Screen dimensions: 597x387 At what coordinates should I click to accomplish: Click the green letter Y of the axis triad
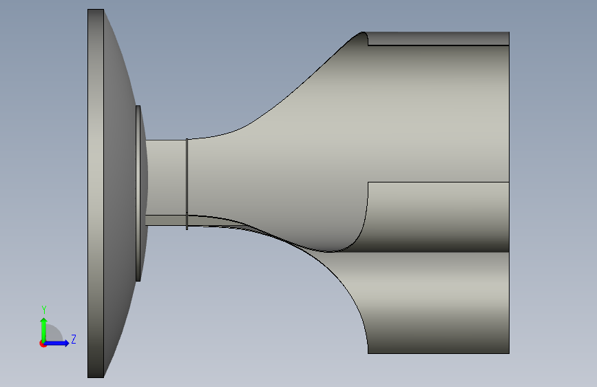pos(44,310)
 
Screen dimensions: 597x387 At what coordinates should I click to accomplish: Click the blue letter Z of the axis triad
pos(74,339)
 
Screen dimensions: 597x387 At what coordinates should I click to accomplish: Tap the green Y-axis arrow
pos(44,330)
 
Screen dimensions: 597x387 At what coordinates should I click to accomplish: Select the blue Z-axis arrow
pos(56,343)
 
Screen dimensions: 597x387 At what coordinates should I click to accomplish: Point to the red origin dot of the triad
pos(43,344)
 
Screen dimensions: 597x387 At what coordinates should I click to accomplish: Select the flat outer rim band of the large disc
pos(96,193)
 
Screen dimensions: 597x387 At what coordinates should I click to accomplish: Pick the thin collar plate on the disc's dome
pos(138,193)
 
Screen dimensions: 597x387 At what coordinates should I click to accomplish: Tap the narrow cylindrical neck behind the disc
pos(167,178)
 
